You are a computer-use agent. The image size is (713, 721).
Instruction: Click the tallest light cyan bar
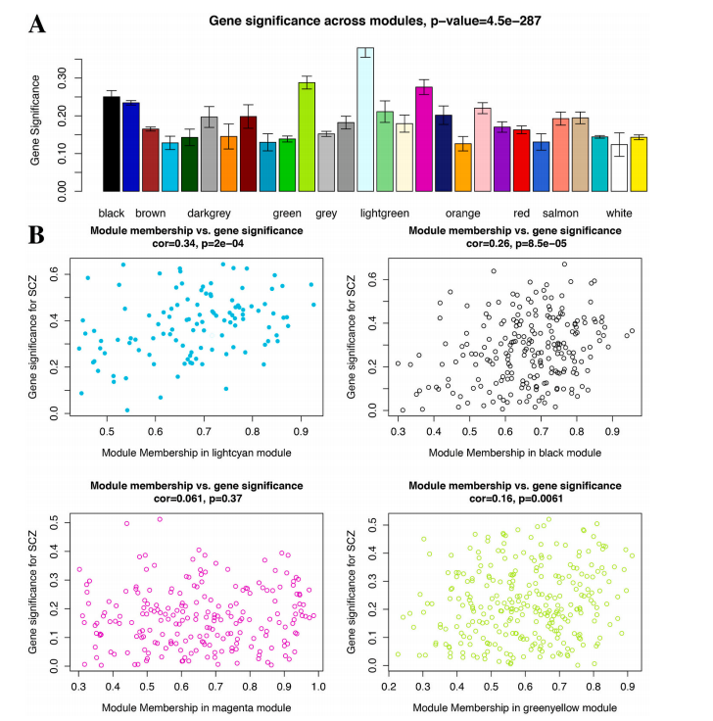coord(364,119)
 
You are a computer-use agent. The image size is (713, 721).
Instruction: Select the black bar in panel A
coord(111,143)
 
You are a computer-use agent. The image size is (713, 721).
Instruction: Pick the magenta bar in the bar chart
coord(423,138)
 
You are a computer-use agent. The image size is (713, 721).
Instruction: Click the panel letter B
coord(37,236)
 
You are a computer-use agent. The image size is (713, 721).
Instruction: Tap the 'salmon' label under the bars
coord(560,213)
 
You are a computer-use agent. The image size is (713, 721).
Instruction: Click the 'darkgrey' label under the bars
coord(208,213)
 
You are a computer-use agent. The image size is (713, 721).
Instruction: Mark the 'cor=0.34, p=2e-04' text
coord(196,243)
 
